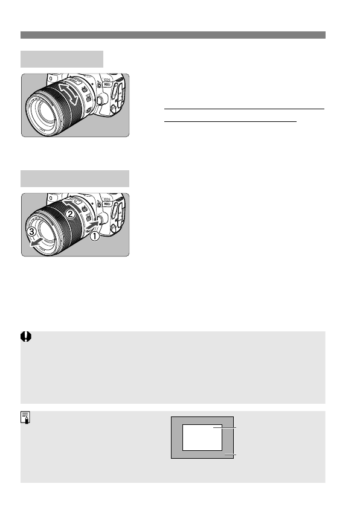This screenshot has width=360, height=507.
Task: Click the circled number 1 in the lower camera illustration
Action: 94,238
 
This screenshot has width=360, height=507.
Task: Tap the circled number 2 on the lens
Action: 71,214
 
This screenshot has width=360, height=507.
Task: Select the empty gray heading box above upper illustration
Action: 62,59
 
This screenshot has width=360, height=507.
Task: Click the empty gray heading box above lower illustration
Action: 75,178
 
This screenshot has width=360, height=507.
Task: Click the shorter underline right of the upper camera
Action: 231,121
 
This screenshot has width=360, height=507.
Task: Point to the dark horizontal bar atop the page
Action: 173,35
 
